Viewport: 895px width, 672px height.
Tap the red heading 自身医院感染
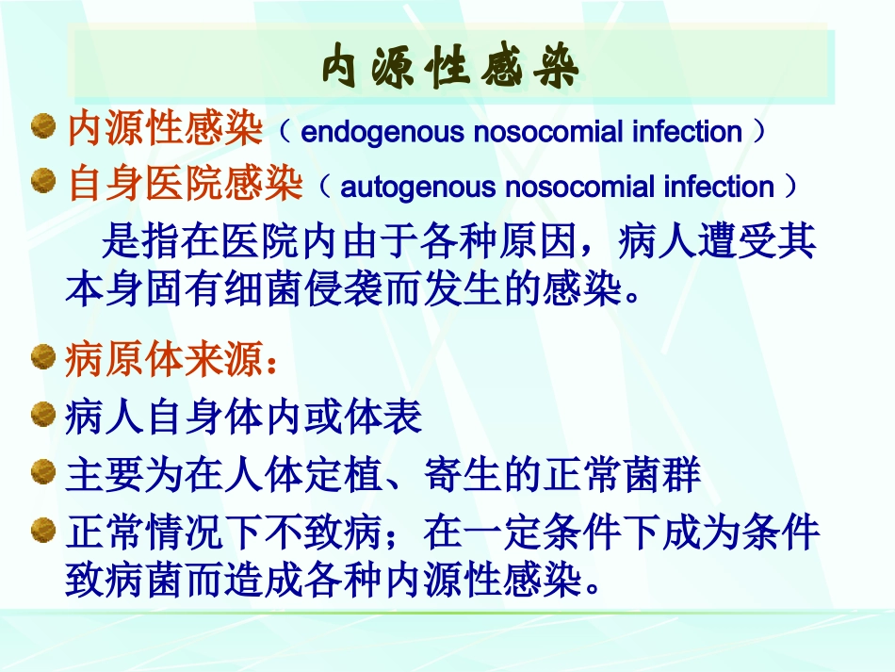click(x=185, y=185)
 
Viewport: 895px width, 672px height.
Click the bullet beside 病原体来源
click(x=43, y=358)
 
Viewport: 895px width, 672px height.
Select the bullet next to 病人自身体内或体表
click(x=43, y=416)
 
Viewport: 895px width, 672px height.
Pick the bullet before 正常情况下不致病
click(x=43, y=531)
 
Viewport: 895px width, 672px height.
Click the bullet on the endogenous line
click(x=43, y=127)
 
